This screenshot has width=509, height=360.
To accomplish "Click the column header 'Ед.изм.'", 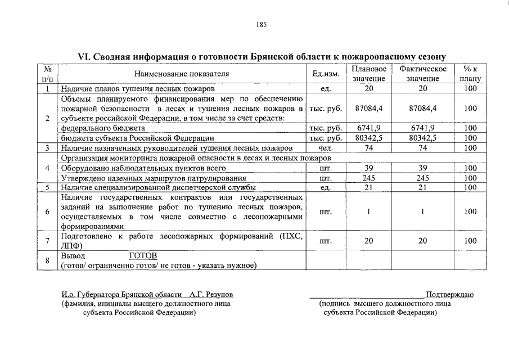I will pos(325,74).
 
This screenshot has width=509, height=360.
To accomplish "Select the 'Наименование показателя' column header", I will pos(182,74).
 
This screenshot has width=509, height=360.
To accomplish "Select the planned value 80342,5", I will pos(369,138).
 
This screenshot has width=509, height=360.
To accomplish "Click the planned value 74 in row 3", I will pos(369,147).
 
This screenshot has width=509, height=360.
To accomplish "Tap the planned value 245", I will pos(369,178).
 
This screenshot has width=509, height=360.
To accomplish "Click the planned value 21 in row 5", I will pos(369,187).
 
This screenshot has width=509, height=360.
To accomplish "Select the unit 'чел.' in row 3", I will pos(325,147).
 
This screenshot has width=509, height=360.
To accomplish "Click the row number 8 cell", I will pos(48,260).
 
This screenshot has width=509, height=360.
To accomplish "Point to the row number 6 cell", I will pos(48,211).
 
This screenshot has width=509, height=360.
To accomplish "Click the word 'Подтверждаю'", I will pos(449,295).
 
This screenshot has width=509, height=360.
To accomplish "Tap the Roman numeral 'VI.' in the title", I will pos(84,57).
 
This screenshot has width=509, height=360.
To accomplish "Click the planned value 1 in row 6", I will pos(369,211).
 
